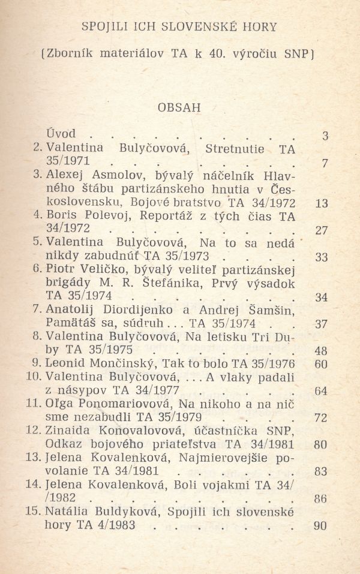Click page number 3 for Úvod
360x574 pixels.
click(325, 136)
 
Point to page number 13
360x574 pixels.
click(322, 203)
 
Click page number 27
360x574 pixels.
click(322, 231)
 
